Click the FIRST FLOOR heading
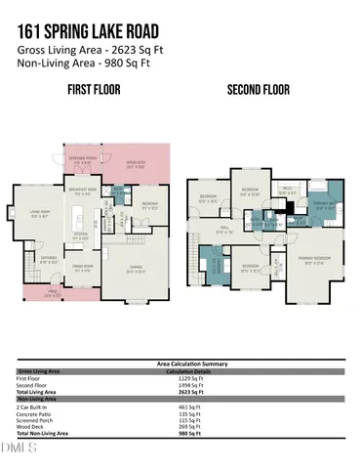point(94,90)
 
